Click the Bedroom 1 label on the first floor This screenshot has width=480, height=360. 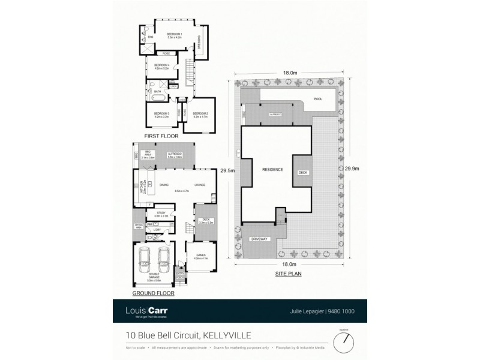pos(175,35)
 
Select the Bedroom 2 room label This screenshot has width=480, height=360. pos(200,114)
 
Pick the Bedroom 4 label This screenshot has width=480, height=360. pos(162,65)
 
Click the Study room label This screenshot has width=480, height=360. pos(161,213)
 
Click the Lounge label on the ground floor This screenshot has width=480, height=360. pos(200,185)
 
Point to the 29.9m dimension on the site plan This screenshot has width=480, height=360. pos(352,169)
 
